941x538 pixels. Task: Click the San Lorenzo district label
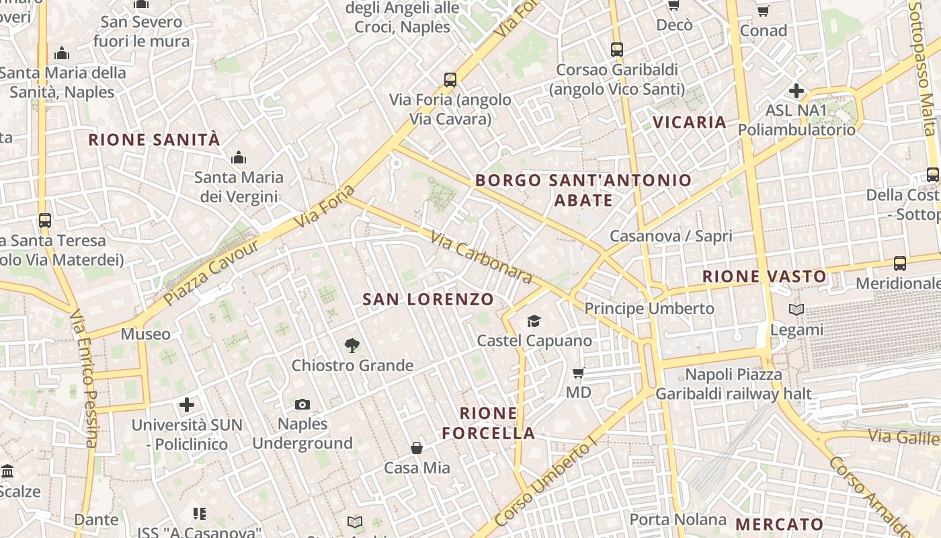click(x=428, y=299)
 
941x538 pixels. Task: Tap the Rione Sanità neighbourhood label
click(x=154, y=140)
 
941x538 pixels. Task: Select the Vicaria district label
click(x=690, y=122)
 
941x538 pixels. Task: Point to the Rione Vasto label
click(x=764, y=276)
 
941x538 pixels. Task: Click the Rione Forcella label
click(x=489, y=423)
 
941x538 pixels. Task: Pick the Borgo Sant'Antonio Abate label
click(x=583, y=190)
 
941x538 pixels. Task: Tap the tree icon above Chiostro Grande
click(x=352, y=346)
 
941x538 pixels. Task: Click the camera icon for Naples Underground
click(x=302, y=404)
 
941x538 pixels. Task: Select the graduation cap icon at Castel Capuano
click(x=534, y=321)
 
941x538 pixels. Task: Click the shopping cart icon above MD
click(x=578, y=373)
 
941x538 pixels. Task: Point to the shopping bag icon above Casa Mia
click(x=417, y=448)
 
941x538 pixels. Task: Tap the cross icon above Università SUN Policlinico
click(x=187, y=405)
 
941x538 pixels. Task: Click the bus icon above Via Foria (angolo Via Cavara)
click(x=450, y=80)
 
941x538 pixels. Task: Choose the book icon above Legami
click(x=796, y=310)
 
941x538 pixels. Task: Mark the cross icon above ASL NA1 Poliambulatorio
click(x=796, y=90)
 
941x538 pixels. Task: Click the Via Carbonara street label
click(x=481, y=258)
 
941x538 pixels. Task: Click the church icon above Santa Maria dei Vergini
click(x=238, y=158)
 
